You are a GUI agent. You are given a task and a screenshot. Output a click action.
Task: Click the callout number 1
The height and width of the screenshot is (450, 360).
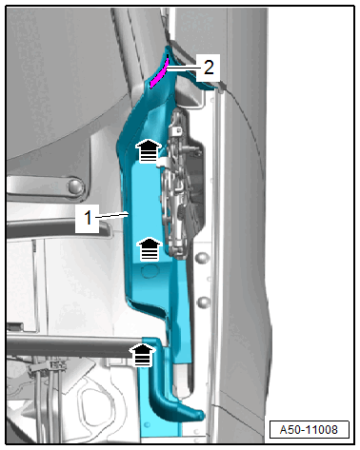[88, 218]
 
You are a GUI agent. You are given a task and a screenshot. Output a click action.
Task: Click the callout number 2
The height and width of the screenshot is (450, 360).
[209, 68]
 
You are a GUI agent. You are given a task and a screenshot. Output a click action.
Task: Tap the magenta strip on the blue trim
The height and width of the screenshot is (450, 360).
[159, 73]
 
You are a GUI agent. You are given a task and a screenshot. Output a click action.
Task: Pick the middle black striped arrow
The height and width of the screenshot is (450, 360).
[149, 249]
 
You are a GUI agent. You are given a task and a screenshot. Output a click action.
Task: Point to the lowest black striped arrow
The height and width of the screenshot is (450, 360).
[142, 355]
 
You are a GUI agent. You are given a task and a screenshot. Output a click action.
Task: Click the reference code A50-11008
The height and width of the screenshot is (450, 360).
[309, 430]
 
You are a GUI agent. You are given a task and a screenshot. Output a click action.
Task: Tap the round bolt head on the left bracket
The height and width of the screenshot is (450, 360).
[75, 186]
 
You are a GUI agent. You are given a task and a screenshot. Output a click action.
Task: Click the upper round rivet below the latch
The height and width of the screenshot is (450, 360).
[203, 258]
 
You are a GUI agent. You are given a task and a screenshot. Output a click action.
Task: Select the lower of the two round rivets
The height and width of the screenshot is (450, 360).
[204, 302]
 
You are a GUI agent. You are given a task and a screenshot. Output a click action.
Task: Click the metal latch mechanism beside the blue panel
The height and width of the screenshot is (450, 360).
[181, 184]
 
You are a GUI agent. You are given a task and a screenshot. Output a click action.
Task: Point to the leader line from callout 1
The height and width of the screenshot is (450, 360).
[110, 215]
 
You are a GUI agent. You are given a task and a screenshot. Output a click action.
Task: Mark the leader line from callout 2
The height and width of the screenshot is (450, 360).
[182, 68]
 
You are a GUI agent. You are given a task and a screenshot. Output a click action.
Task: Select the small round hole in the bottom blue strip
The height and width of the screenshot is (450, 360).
[147, 424]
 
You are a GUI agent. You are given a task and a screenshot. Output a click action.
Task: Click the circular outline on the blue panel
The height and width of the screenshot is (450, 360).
[150, 270]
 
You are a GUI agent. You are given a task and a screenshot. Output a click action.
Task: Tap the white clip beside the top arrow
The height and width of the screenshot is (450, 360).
[163, 162]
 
